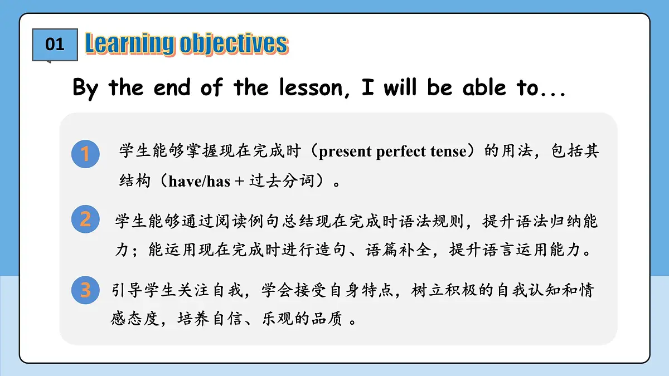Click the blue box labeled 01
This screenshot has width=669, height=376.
click(x=55, y=44)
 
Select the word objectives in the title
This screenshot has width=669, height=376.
click(x=234, y=44)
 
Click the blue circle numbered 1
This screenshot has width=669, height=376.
click(x=85, y=154)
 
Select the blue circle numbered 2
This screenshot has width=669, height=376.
click(x=85, y=219)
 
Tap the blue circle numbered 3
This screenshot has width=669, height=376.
click(x=85, y=290)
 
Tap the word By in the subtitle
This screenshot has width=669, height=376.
click(x=85, y=88)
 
